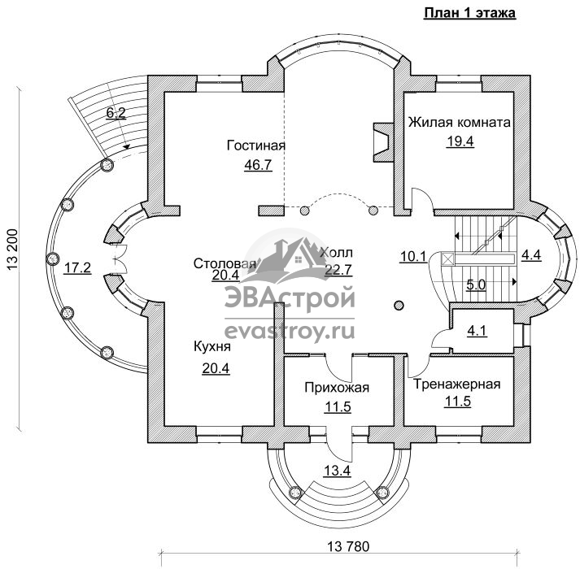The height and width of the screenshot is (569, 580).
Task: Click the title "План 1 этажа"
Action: [469, 12]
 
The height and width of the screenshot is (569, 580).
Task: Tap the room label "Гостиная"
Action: [256, 146]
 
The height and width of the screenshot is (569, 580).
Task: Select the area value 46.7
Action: [258, 164]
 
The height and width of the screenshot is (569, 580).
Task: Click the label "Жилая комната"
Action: [459, 123]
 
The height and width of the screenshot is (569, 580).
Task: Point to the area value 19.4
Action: [460, 141]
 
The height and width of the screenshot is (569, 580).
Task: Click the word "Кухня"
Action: [212, 347]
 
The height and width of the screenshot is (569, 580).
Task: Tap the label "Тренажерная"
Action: [456, 384]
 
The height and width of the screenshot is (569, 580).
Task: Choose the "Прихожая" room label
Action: [337, 388]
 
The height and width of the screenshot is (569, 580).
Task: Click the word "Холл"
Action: [336, 253]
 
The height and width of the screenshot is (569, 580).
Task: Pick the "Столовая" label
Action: [225, 263]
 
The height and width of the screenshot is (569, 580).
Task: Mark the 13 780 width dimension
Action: [348, 546]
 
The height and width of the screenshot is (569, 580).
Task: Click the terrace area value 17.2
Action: [77, 267]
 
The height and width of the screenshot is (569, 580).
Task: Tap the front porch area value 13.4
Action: [337, 471]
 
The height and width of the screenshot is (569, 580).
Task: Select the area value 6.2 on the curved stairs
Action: [116, 113]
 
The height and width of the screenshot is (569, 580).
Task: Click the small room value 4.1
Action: [478, 331]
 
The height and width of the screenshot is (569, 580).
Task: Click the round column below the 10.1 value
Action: [399, 306]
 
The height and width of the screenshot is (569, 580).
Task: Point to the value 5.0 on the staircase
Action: [476, 285]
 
